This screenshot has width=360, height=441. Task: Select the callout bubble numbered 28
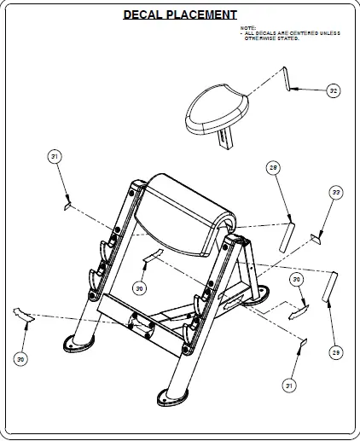pyautogui.click(x=273, y=168)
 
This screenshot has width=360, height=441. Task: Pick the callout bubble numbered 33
pyautogui.click(x=336, y=194)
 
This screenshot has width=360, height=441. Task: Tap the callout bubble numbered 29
pyautogui.click(x=335, y=352)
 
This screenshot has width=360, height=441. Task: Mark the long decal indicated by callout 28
pyautogui.click(x=289, y=232)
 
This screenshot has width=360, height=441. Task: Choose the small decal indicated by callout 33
pyautogui.click(x=316, y=238)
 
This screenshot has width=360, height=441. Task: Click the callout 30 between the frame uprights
pyautogui.click(x=139, y=288)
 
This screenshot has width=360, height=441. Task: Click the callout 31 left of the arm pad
pyautogui.click(x=55, y=157)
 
